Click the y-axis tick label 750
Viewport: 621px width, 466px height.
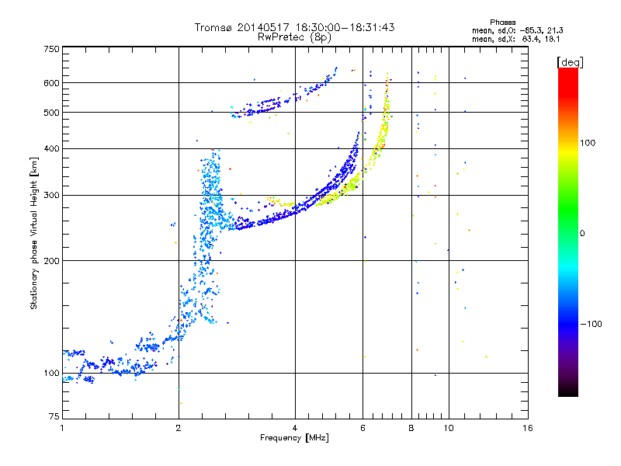pos(52,49)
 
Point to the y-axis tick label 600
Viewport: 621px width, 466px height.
pos(52,83)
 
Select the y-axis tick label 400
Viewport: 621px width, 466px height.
pos(52,148)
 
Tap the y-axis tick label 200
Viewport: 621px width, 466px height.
pos(52,261)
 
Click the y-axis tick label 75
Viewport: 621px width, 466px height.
pos(54,417)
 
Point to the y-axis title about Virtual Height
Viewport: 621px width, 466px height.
pos(33,234)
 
